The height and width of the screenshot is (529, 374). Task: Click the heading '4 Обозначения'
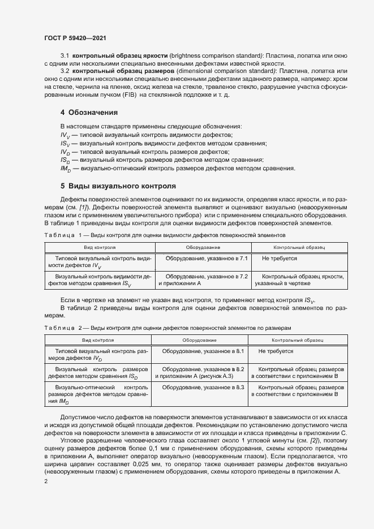pyautogui.click(x=89, y=112)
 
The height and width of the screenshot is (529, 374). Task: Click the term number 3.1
pyautogui.click(x=65, y=57)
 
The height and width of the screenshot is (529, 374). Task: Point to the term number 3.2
pyautogui.click(x=65, y=72)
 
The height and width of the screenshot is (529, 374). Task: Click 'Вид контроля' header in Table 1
pyautogui.click(x=100, y=248)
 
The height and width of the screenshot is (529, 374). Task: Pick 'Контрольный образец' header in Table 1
pyautogui.click(x=299, y=248)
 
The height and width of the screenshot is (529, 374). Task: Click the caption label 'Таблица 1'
pyautogui.click(x=63, y=234)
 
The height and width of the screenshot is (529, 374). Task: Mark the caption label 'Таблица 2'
pyautogui.click(x=63, y=328)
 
